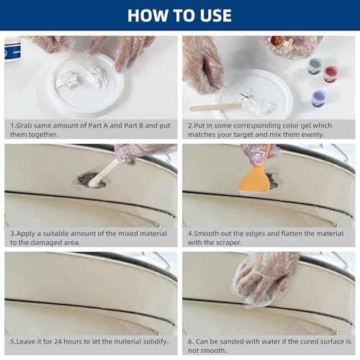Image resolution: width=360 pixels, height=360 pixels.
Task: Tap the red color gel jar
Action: click(x=331, y=73)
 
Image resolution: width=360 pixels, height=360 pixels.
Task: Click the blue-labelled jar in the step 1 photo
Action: click(x=11, y=50)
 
